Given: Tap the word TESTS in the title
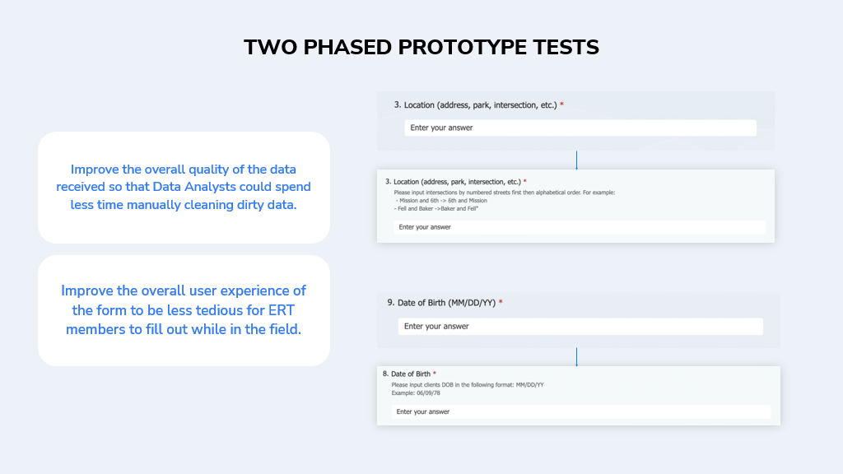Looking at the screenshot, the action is (x=566, y=47).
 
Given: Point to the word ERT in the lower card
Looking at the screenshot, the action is (x=282, y=310).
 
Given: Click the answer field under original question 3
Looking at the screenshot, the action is (x=580, y=128).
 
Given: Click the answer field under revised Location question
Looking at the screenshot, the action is (x=580, y=227).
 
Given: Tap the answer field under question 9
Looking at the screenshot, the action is (x=580, y=326).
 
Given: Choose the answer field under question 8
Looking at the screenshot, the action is (x=580, y=411).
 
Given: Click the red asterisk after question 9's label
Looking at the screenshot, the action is (x=501, y=301).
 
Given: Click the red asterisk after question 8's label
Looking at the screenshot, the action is (x=435, y=373).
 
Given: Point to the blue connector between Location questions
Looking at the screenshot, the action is (x=576, y=160).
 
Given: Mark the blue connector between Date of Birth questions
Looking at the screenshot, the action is (x=576, y=357).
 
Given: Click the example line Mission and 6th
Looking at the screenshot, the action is (x=441, y=201).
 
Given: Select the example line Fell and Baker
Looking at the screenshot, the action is (x=436, y=208).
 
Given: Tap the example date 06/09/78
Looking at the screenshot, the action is (x=428, y=393).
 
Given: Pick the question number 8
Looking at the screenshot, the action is (x=385, y=374).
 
